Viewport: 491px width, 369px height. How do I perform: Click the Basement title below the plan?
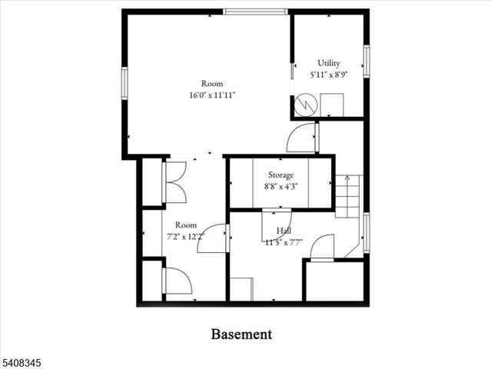coord(241,334)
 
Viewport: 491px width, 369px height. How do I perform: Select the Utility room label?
coord(329,63)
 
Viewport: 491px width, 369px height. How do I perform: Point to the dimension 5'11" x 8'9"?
coord(329,75)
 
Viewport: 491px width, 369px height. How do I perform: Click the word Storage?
coord(280,175)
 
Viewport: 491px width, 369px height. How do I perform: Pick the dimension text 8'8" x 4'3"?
coord(280,185)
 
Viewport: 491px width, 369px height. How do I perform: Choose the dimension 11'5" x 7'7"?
coord(284,242)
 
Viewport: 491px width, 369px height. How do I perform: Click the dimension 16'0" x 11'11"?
coord(211,95)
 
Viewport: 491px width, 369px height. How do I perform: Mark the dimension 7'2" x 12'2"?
coord(184,236)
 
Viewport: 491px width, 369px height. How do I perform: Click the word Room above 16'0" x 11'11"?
coord(211,83)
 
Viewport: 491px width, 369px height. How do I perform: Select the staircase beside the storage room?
coord(347,197)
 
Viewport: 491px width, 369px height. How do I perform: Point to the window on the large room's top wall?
coord(256,12)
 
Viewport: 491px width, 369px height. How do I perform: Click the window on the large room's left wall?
coord(124,83)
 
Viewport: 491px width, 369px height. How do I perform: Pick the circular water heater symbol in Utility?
coord(305,103)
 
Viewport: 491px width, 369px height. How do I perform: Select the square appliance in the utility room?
coord(332,105)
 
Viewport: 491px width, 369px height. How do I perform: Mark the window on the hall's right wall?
coord(367,233)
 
